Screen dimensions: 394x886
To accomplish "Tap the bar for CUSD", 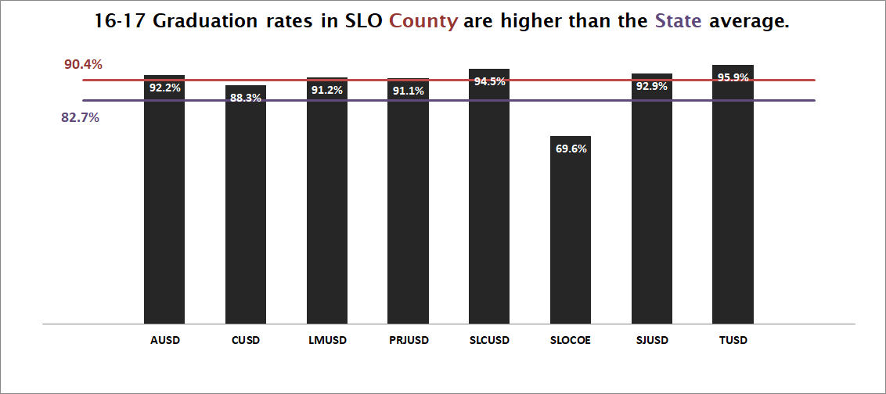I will tap(246, 204).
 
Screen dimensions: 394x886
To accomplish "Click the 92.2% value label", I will tap(164, 88).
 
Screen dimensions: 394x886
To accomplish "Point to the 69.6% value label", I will tap(571, 149).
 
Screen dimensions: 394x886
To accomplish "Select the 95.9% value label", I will tap(733, 77).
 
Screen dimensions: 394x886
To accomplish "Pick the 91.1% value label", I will tap(408, 91).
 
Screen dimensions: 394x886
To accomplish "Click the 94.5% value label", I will tap(489, 81).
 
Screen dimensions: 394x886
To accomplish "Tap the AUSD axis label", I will tap(164, 341).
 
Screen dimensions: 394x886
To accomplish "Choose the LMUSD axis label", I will tap(326, 341).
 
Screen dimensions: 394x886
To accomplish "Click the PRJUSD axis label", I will tap(408, 341).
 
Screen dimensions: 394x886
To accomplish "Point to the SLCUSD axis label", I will tap(489, 341).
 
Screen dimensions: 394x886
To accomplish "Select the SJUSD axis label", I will tap(651, 341).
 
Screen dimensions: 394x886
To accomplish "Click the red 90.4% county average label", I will tap(83, 64).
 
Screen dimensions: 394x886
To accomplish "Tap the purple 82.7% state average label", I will tap(80, 118).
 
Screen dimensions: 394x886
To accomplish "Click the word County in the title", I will tap(423, 22).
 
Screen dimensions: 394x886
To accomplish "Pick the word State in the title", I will tap(679, 22).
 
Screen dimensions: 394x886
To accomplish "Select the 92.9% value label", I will tap(651, 87).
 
